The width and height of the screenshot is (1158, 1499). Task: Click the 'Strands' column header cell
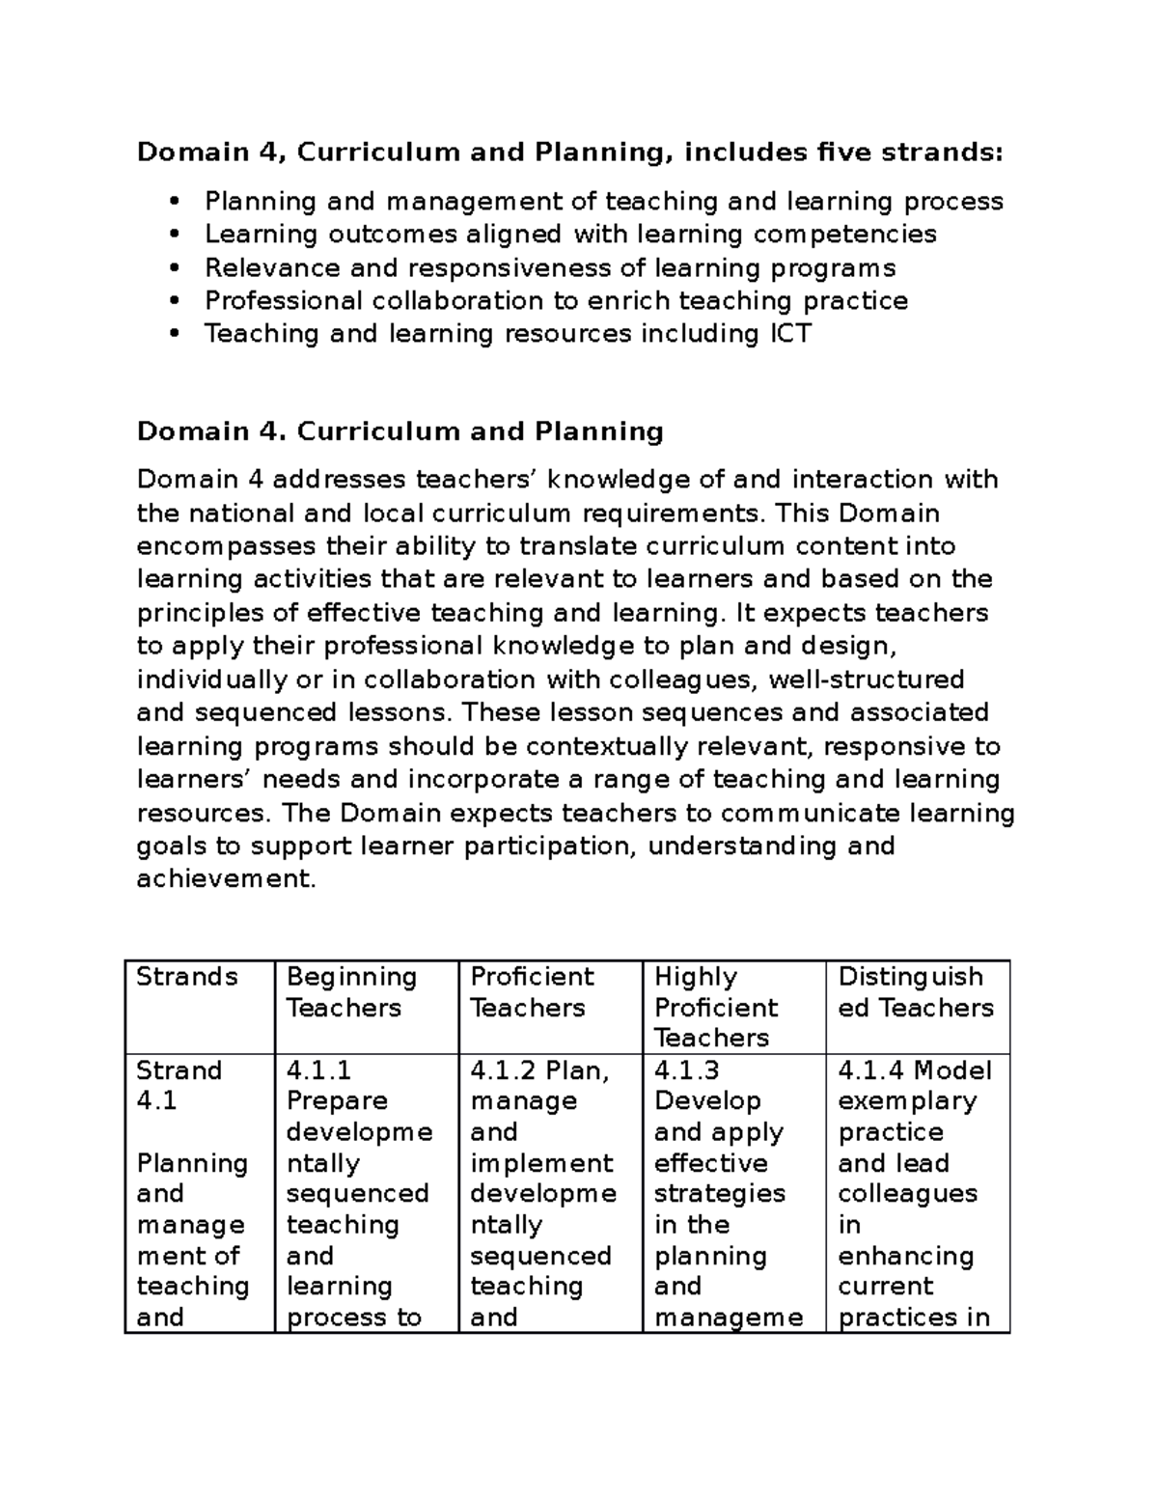(186, 977)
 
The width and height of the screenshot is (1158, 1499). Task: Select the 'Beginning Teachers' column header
(351, 992)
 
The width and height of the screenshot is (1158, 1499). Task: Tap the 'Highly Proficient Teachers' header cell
(715, 1007)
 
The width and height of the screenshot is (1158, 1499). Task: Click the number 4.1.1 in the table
(318, 1070)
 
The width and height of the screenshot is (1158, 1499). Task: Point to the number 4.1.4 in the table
(871, 1070)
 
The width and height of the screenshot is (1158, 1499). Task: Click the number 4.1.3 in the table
(686, 1070)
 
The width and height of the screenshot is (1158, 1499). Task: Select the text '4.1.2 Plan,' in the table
(539, 1070)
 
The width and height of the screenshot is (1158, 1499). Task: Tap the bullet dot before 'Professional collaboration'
(175, 301)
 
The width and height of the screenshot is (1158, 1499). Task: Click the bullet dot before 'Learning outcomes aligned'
(175, 235)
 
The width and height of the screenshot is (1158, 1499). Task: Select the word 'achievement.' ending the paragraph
(226, 879)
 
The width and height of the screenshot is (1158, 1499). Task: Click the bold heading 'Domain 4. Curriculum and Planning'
(400, 431)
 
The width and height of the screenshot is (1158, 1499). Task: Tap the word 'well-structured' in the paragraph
(867, 680)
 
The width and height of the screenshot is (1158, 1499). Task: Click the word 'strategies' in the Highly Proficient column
(719, 1194)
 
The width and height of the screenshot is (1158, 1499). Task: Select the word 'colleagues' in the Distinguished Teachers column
(907, 1194)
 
